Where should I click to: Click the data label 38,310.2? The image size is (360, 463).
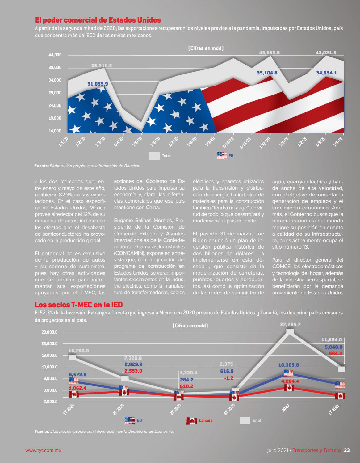(x=102, y=65)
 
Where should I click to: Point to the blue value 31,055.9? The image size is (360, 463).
(x=98, y=84)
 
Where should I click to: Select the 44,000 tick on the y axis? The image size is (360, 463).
(x=55, y=55)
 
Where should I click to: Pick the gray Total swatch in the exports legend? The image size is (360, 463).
(x=154, y=156)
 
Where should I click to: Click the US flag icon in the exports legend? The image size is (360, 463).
(x=222, y=156)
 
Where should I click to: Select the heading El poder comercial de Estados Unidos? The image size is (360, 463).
(x=98, y=20)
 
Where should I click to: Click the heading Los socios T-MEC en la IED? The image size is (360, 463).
(x=79, y=305)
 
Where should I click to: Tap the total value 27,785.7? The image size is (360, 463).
(x=290, y=325)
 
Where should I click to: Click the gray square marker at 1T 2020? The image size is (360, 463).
(x=72, y=357)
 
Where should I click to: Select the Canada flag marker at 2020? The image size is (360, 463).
(x=289, y=388)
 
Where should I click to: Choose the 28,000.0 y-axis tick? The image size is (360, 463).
(x=49, y=332)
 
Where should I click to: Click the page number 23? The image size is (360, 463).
(x=347, y=450)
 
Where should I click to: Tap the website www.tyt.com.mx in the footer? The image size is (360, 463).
(x=43, y=450)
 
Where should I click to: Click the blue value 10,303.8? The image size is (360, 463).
(x=288, y=365)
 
